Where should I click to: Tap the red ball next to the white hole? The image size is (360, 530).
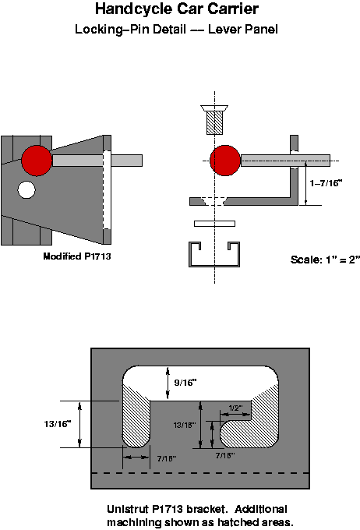[x=37, y=161]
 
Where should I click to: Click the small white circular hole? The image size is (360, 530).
[x=27, y=189]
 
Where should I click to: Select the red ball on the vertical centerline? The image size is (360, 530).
[x=224, y=161]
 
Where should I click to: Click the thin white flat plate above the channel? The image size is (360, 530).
[x=214, y=224]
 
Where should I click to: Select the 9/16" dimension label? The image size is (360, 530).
[x=185, y=383]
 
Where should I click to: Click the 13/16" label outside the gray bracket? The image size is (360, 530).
[x=58, y=424]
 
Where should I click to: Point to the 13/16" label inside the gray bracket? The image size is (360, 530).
[x=183, y=425]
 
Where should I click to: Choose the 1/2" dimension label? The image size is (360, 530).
[x=235, y=408]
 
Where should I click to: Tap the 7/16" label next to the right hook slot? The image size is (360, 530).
[x=225, y=454]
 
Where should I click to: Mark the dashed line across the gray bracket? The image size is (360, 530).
[x=201, y=473]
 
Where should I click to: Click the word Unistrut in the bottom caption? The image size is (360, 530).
[x=129, y=508]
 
